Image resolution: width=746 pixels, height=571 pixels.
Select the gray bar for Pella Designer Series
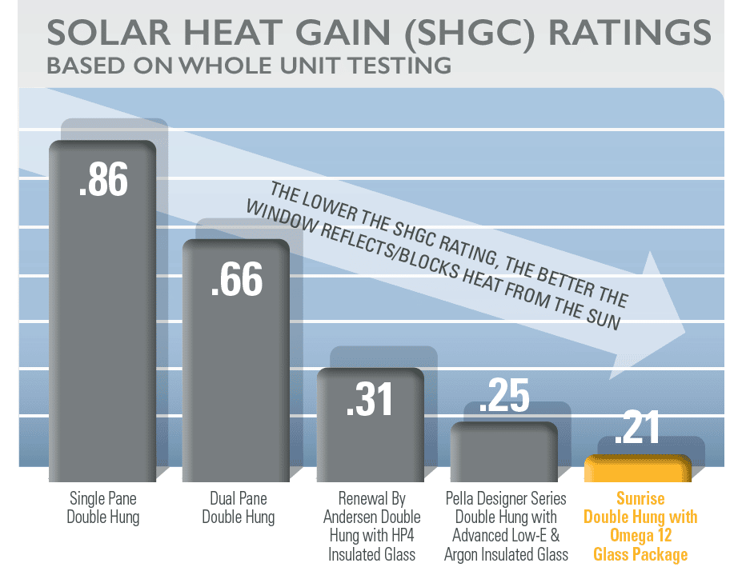point(504,453)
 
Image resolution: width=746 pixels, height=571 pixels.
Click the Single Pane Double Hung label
point(102,509)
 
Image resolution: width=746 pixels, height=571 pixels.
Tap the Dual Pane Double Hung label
point(237,509)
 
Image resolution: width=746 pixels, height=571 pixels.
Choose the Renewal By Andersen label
point(370,509)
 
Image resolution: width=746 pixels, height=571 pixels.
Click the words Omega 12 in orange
point(640,535)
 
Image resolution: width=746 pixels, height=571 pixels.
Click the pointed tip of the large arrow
point(686,333)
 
